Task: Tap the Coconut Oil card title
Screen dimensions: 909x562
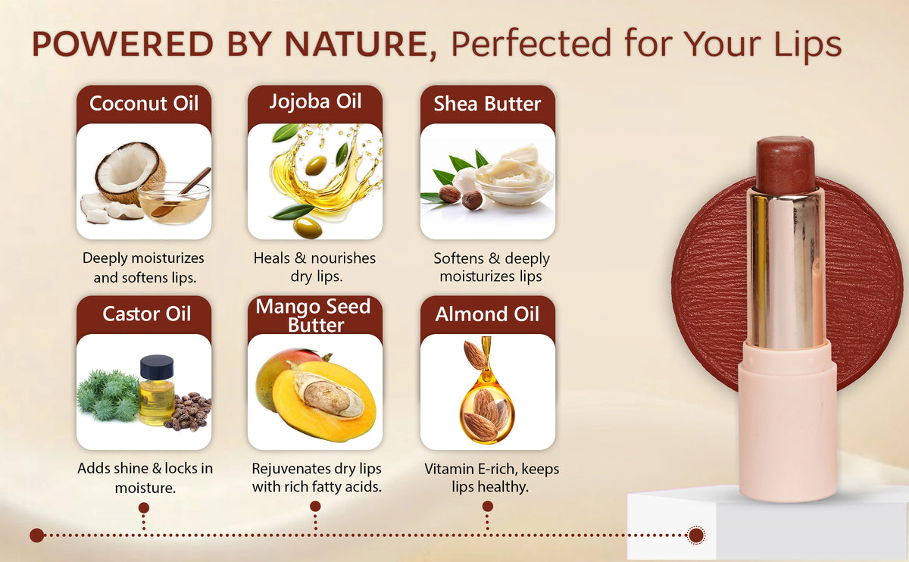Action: (144, 103)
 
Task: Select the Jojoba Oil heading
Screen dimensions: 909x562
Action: (315, 101)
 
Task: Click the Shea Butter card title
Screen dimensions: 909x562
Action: (487, 104)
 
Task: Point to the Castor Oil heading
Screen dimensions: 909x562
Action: (146, 314)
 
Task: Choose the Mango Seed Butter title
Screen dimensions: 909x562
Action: (314, 316)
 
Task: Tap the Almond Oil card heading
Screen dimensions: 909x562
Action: (487, 314)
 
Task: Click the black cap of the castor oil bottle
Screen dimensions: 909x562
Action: (157, 366)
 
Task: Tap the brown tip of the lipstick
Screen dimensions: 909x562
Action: (786, 164)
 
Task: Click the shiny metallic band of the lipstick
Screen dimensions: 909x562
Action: (787, 269)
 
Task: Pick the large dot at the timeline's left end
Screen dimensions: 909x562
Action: (37, 535)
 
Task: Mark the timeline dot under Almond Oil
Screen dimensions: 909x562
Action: (488, 506)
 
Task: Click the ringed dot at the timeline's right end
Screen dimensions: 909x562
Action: (696, 535)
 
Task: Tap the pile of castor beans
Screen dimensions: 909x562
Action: (189, 411)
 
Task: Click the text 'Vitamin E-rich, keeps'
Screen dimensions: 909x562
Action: (492, 469)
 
